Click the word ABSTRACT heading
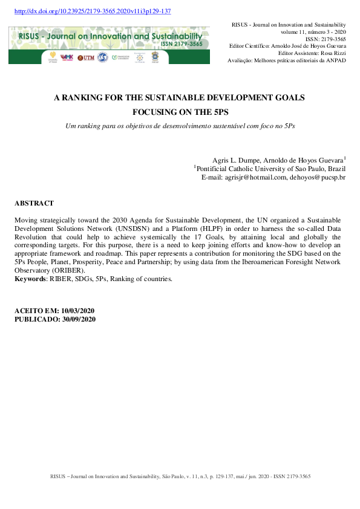(x=34, y=204)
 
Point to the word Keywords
(x=29, y=279)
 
